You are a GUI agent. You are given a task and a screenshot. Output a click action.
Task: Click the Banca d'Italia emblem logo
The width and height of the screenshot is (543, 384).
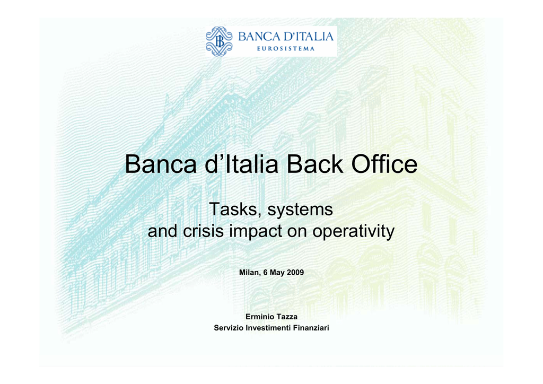pyautogui.click(x=219, y=41)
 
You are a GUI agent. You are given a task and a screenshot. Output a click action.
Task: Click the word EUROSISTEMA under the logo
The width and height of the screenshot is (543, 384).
pyautogui.click(x=286, y=49)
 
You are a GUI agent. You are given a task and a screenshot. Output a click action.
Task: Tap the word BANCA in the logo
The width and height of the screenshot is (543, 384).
pyautogui.click(x=259, y=37)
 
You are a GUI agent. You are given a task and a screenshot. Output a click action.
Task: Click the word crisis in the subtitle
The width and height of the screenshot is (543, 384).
pyautogui.click(x=203, y=231)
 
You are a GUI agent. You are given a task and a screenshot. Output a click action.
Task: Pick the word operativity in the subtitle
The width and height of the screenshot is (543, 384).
pyautogui.click(x=354, y=232)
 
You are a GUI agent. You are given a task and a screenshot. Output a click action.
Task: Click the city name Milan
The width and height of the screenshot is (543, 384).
pyautogui.click(x=249, y=273)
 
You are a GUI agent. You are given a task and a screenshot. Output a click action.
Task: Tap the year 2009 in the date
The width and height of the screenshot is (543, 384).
pyautogui.click(x=295, y=273)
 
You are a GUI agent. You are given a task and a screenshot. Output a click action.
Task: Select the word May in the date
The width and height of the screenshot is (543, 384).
pyautogui.click(x=277, y=273)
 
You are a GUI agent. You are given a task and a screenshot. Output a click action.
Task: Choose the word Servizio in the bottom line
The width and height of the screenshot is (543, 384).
pyautogui.click(x=229, y=328)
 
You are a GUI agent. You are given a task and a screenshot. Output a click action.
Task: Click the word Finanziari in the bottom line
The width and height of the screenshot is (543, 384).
pyautogui.click(x=311, y=328)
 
